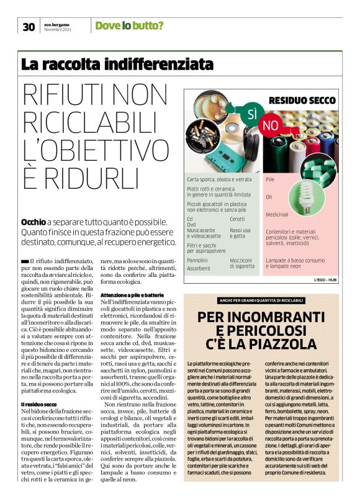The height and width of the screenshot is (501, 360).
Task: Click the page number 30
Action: click(29, 26)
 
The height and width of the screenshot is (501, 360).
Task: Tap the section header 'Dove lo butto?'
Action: click(129, 25)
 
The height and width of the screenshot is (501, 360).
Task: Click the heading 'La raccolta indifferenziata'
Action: click(117, 64)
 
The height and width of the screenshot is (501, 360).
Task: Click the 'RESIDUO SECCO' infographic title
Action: click(302, 100)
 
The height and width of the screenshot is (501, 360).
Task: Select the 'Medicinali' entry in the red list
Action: click(277, 214)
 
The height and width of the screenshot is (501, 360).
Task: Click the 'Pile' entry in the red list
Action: click(270, 179)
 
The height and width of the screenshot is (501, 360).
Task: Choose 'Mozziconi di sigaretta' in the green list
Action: click(241, 263)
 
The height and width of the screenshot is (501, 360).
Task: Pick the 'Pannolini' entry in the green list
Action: click(197, 260)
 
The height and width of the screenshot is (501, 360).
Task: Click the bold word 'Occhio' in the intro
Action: click(34, 221)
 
